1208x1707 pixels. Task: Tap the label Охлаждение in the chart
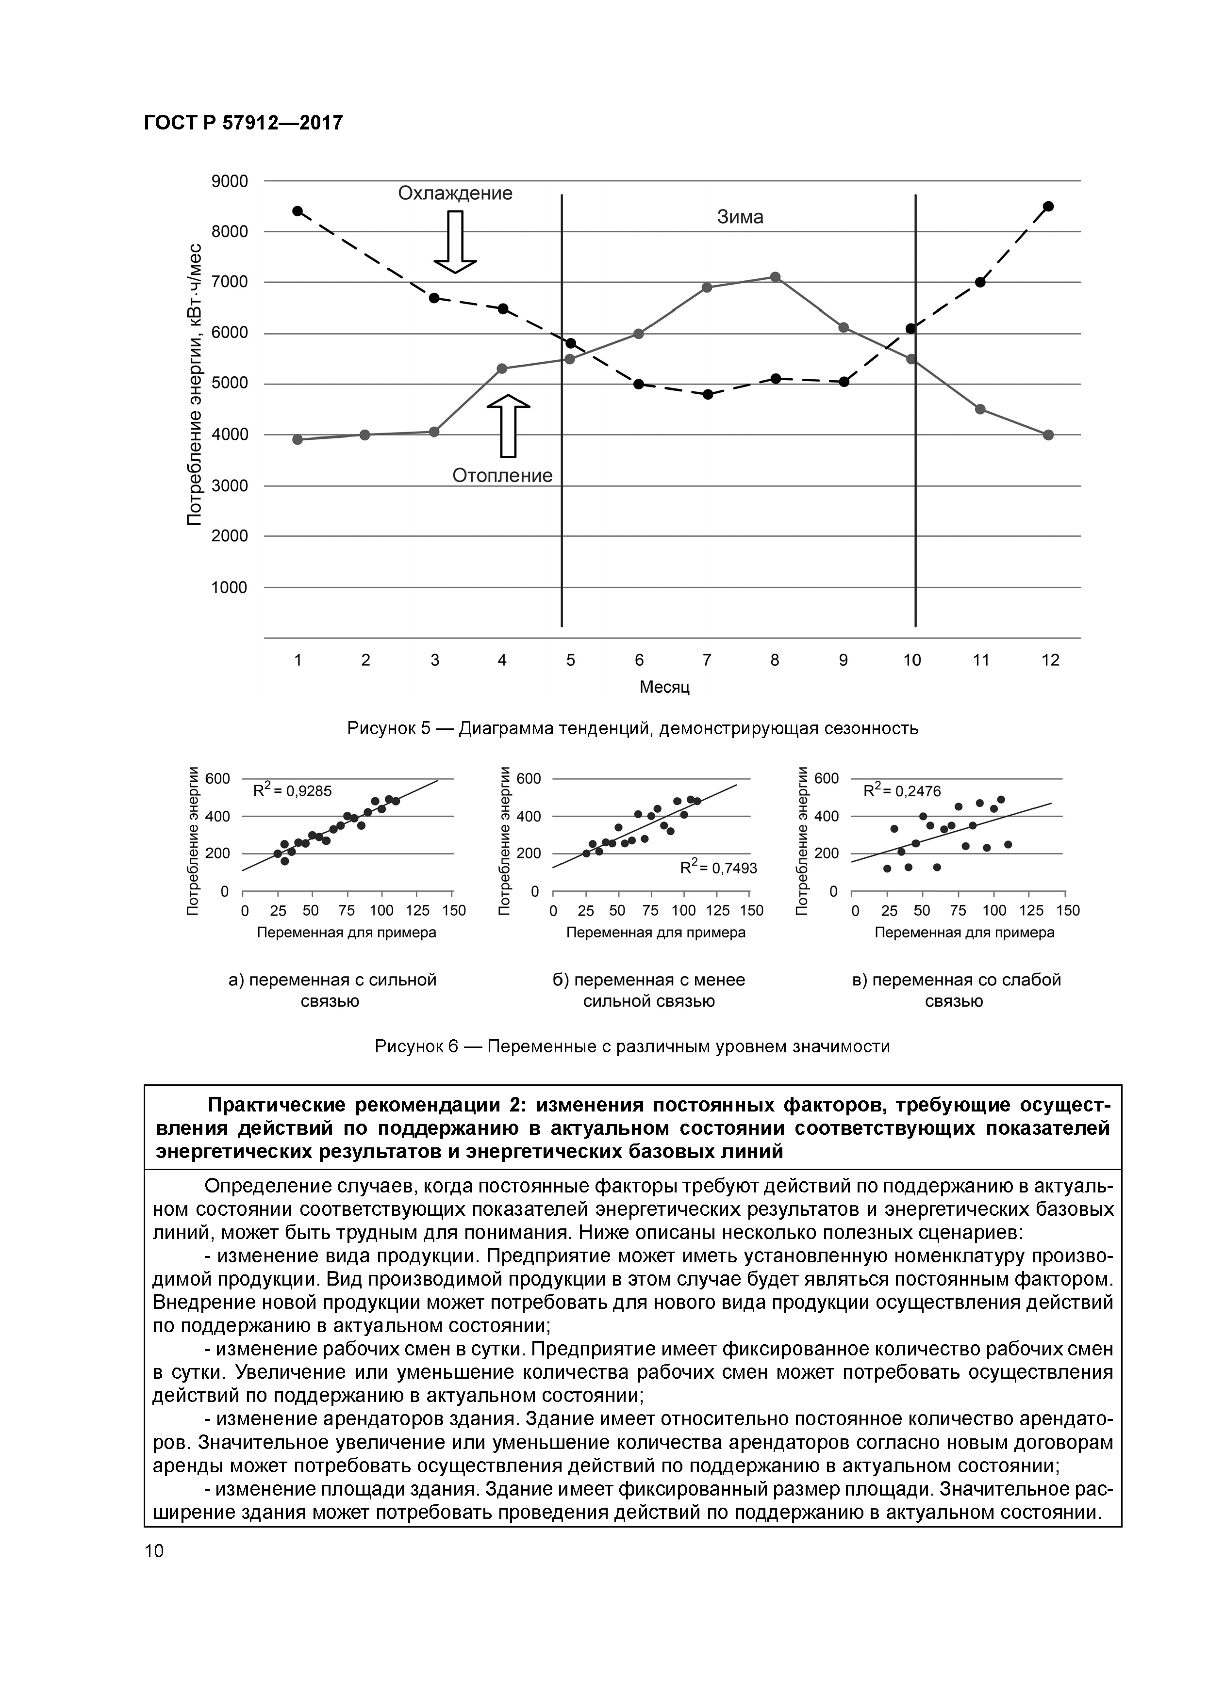pos(455,193)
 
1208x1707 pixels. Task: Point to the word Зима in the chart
pos(740,217)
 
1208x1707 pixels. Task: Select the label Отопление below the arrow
pos(503,475)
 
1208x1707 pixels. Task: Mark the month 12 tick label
pos(1050,660)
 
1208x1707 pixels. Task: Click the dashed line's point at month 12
pos(1048,206)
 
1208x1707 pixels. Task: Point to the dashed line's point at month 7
pos(708,394)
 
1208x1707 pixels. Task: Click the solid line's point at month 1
pos(298,439)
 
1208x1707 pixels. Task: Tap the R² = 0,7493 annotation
pos(719,867)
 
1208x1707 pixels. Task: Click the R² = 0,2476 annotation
pos(902,791)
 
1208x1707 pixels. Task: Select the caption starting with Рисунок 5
pos(633,728)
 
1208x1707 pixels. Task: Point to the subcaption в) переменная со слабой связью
pos(956,990)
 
